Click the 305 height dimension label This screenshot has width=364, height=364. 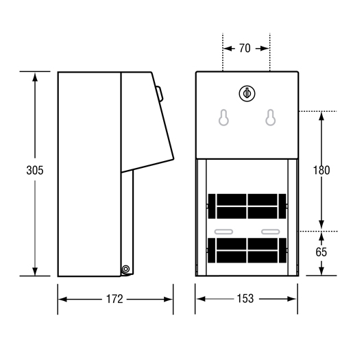(35, 171)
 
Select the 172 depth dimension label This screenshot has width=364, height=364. (114, 299)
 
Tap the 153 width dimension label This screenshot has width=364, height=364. (245, 299)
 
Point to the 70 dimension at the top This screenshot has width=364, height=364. (245, 48)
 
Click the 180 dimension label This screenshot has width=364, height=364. (321, 171)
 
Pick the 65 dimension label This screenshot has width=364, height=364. (321, 252)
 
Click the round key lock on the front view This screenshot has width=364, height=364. (247, 93)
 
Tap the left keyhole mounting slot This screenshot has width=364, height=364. (223, 117)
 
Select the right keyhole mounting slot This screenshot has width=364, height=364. (271, 117)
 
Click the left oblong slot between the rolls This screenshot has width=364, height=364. (223, 232)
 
